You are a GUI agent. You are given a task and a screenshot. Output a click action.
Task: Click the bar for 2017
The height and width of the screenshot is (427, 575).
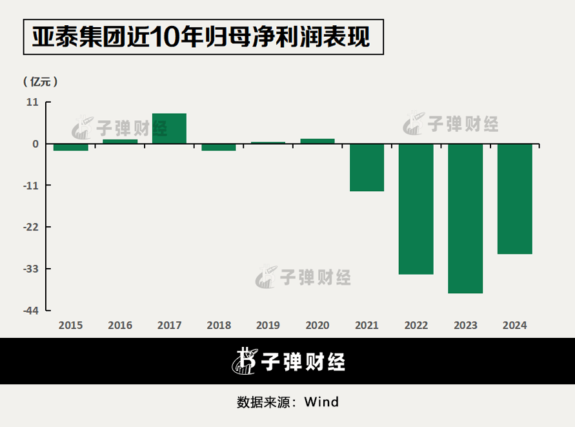pyautogui.click(x=169, y=129)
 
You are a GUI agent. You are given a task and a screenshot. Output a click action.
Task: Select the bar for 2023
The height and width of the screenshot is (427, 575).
pyautogui.click(x=465, y=218)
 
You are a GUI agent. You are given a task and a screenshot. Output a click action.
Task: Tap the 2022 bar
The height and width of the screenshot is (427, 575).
pyautogui.click(x=416, y=209)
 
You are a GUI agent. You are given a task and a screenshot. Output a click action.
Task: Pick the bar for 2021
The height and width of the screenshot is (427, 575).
pyautogui.click(x=367, y=167)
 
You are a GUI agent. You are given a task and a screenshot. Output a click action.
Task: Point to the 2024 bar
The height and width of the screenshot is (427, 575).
pyautogui.click(x=515, y=199)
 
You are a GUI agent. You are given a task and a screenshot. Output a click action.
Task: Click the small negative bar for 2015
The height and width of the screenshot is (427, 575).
pyautogui.click(x=71, y=147)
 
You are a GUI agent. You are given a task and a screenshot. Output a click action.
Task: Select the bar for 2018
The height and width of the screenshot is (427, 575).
pyautogui.click(x=219, y=147)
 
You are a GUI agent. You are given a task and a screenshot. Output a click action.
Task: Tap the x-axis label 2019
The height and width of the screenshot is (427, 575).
pyautogui.click(x=268, y=326)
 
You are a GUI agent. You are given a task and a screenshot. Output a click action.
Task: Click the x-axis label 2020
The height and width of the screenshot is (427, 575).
pyautogui.click(x=318, y=326)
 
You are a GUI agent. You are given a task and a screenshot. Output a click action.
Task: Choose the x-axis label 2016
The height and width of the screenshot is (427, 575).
pyautogui.click(x=120, y=326)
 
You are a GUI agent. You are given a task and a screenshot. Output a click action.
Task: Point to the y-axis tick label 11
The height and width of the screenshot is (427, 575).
pyautogui.click(x=32, y=102)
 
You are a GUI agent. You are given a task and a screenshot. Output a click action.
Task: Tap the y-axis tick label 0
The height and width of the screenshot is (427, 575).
pyautogui.click(x=35, y=144)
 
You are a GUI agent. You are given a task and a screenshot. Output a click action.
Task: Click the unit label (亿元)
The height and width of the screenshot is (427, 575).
pyautogui.click(x=40, y=82)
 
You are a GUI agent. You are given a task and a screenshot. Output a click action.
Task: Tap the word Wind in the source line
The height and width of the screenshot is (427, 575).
pyautogui.click(x=321, y=402)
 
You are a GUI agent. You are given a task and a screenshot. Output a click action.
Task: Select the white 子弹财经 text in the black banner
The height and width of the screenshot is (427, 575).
pyautogui.click(x=303, y=361)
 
